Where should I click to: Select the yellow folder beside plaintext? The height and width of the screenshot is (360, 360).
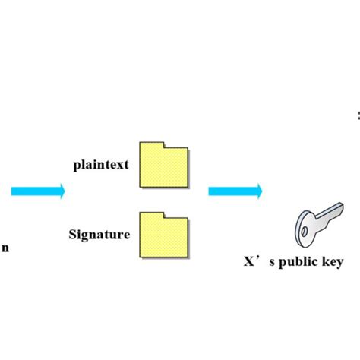click(164, 164)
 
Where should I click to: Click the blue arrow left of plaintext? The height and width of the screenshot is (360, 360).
click(37, 191)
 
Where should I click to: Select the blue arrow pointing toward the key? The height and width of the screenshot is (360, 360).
click(235, 191)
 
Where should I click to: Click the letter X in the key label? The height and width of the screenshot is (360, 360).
click(248, 262)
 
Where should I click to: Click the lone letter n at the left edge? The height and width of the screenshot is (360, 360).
click(5, 248)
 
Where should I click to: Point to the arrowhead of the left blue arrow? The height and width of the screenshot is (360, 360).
click(60, 191)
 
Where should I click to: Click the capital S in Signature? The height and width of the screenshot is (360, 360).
click(72, 235)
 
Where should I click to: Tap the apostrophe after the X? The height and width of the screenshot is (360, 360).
click(260, 258)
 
